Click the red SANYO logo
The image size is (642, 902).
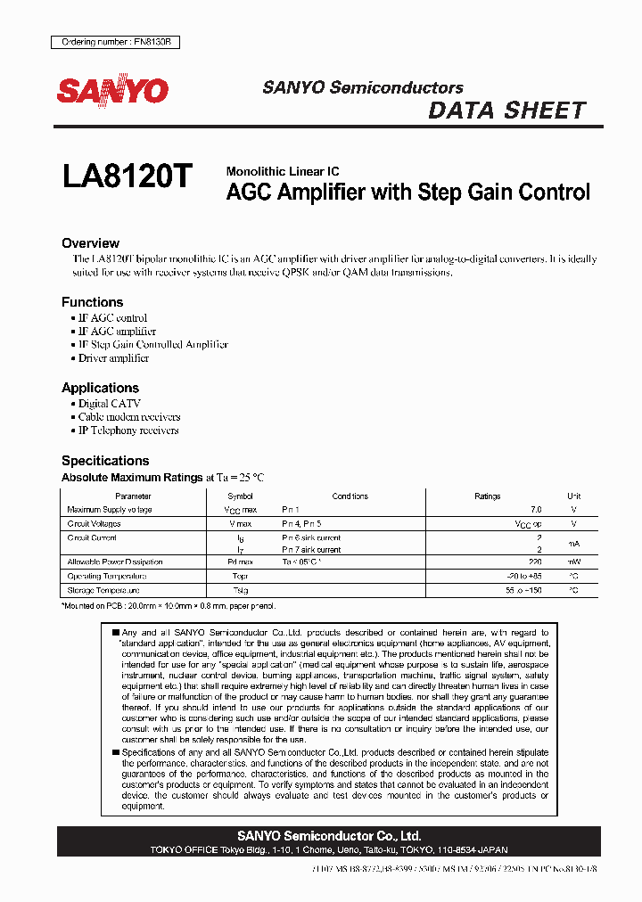[x=113, y=91]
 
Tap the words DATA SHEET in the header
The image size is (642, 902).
[x=506, y=111]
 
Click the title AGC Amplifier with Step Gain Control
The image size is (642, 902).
[x=407, y=192]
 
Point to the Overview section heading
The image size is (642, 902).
[x=90, y=243]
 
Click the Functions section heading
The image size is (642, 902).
[x=92, y=302]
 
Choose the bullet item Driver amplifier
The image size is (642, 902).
[x=113, y=358]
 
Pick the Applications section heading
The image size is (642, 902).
[x=100, y=388]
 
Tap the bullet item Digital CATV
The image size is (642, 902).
[x=110, y=404]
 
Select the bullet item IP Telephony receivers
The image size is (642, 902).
[x=128, y=430]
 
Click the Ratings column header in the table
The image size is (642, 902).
[x=488, y=496]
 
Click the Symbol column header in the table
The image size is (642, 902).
[x=240, y=496]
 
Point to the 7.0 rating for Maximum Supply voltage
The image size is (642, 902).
[x=535, y=510]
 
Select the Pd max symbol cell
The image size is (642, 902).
[x=240, y=562]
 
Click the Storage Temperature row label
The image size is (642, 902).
[x=103, y=590]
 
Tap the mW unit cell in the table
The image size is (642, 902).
[x=573, y=562]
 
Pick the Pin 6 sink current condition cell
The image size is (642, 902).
[x=311, y=538]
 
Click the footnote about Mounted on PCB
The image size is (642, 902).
[x=169, y=606]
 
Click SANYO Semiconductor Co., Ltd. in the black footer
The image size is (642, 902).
[x=329, y=836]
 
